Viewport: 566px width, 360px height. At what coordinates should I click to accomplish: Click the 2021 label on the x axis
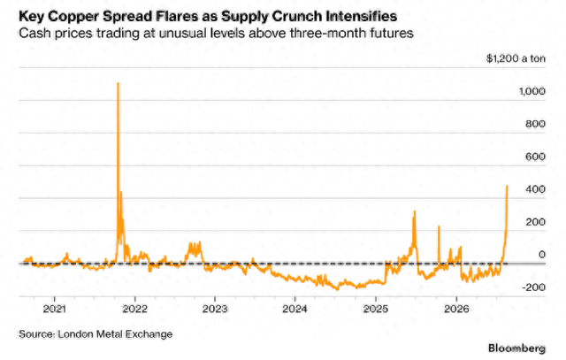click(x=54, y=309)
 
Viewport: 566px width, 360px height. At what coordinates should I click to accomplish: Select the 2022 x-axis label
click(x=134, y=309)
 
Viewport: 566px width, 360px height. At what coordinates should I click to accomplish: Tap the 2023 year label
click(x=215, y=309)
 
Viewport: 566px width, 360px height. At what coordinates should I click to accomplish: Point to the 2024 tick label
click(x=294, y=309)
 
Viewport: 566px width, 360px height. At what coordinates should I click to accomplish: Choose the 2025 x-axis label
click(x=376, y=309)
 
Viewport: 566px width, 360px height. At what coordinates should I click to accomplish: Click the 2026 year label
click(x=456, y=309)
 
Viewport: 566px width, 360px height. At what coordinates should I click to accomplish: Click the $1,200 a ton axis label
click(x=516, y=58)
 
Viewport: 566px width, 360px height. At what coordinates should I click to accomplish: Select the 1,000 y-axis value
click(x=532, y=91)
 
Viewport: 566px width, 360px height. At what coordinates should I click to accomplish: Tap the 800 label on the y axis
click(x=535, y=124)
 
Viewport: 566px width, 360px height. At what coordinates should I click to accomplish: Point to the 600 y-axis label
click(x=535, y=157)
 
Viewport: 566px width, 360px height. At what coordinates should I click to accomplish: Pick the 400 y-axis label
click(x=535, y=189)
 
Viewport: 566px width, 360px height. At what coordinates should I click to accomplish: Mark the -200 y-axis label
click(x=533, y=287)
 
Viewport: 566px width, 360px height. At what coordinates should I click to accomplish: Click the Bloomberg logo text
click(x=516, y=349)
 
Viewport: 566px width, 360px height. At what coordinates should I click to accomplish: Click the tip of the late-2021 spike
click(x=118, y=83)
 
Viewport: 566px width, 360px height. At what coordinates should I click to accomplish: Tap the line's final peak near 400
click(x=507, y=187)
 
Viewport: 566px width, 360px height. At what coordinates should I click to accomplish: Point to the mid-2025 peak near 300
click(x=415, y=211)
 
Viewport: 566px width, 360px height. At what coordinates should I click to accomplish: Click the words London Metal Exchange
click(x=115, y=334)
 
